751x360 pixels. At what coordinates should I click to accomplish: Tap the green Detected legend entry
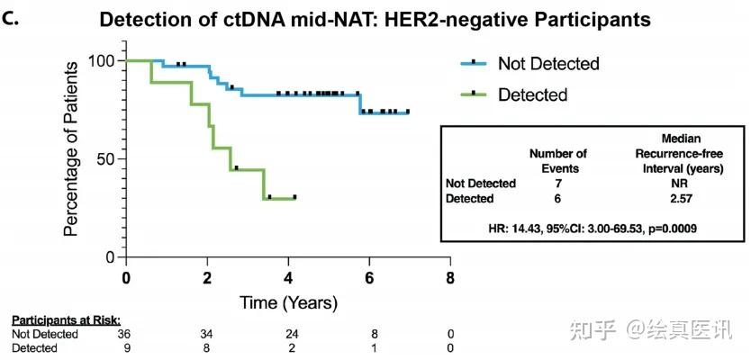(533, 94)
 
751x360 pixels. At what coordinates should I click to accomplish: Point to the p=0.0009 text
(665, 229)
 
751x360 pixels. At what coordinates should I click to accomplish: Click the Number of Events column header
(557, 160)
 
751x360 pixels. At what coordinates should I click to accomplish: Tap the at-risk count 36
(126, 335)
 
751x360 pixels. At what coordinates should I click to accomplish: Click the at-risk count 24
(288, 335)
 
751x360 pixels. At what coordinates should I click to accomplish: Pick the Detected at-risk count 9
(126, 347)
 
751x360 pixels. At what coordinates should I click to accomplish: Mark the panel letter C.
(11, 18)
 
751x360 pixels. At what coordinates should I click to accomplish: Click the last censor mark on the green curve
(294, 196)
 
